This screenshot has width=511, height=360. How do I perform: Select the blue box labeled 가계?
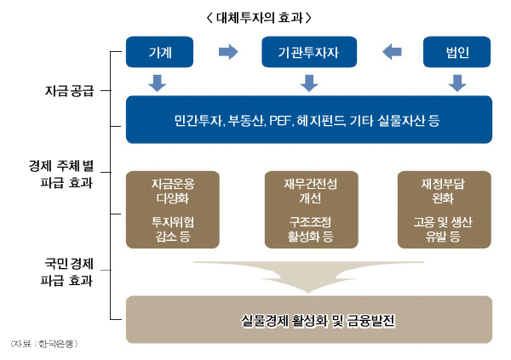tap(159, 53)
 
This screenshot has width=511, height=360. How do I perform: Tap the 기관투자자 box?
tap(308, 53)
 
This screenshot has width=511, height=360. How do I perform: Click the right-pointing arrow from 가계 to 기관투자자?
tap(228, 53)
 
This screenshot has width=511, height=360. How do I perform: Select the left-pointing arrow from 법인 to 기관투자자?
tap(392, 53)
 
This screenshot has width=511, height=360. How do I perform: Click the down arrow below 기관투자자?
tap(308, 83)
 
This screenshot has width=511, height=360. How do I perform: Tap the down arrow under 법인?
tap(457, 83)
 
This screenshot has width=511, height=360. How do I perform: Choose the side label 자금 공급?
tap(70, 89)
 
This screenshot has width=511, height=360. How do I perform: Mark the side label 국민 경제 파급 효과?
tap(69, 270)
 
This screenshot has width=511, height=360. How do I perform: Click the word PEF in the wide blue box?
tap(280, 119)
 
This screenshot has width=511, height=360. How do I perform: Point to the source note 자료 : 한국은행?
tap(43, 343)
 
